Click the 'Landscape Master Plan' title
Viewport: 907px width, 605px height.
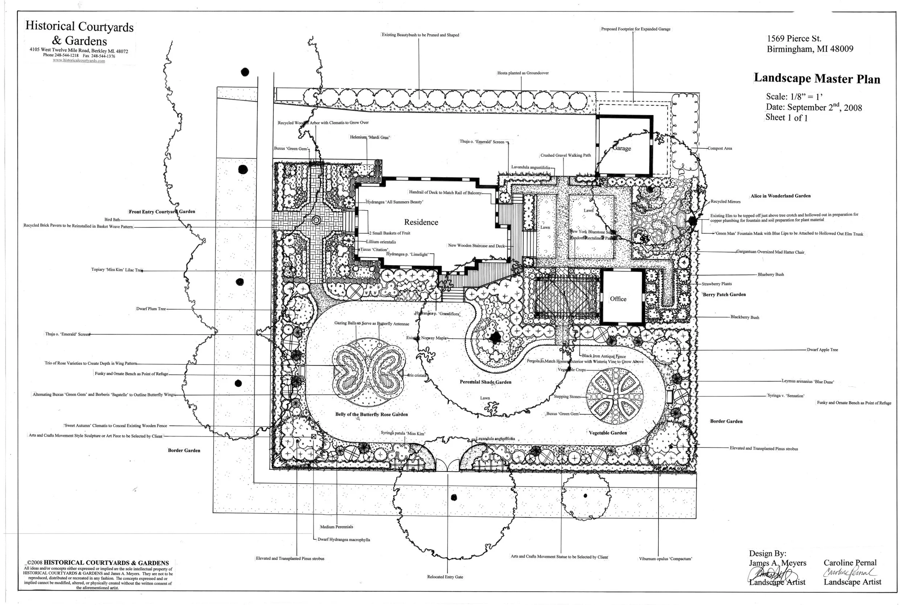point(816,78)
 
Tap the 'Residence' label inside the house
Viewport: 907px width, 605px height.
point(421,222)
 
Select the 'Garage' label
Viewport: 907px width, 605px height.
point(621,148)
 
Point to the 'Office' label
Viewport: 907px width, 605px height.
point(618,299)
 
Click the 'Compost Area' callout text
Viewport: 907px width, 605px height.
point(719,148)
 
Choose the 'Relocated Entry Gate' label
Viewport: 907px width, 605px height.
point(445,577)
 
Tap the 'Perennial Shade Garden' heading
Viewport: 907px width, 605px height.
point(485,382)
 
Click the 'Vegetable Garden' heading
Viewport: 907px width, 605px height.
point(607,433)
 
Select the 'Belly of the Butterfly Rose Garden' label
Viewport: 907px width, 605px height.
point(371,414)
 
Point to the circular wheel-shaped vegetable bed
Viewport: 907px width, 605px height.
point(615,396)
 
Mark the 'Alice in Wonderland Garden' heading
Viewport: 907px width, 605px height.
point(780,196)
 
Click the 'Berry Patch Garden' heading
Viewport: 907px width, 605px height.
point(724,294)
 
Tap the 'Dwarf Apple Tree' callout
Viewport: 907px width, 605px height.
point(822,349)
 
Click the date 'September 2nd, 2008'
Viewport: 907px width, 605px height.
point(824,108)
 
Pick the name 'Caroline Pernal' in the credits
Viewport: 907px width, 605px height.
point(850,563)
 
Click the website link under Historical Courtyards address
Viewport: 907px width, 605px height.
point(79,61)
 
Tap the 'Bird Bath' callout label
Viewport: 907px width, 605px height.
point(112,220)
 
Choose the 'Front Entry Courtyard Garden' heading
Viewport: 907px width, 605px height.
point(161,212)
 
